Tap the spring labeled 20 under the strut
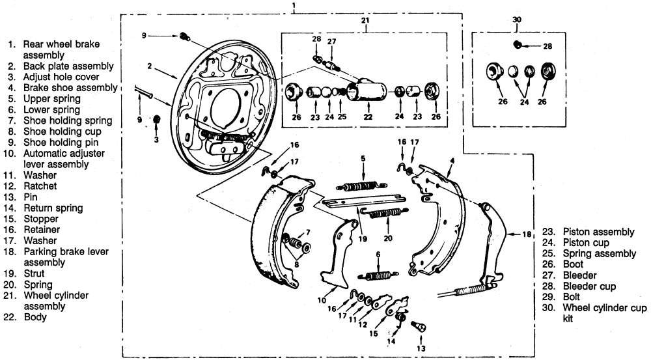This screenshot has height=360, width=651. coord(386,213)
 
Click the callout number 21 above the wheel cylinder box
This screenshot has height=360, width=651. coord(365,21)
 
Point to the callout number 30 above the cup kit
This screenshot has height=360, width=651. coord(518,20)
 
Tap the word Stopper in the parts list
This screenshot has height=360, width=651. coord(40,219)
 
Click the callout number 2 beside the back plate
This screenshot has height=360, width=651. coord(149,65)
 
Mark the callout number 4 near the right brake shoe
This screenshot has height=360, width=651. coord(452,159)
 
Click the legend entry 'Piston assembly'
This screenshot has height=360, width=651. coord(598,232)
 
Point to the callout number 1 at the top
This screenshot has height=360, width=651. coord(294,5)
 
